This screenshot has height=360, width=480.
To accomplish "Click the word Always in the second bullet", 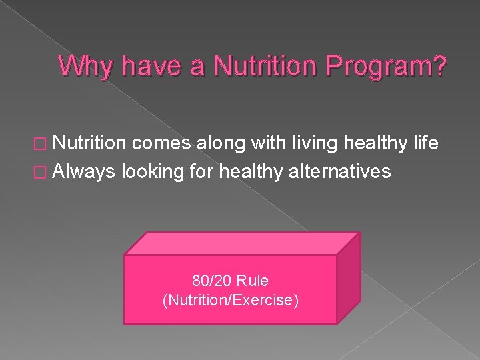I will click(x=84, y=171).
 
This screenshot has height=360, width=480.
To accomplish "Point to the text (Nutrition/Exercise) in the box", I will click(x=231, y=300).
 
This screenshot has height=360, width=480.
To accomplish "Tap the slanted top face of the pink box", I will click(x=243, y=243).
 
